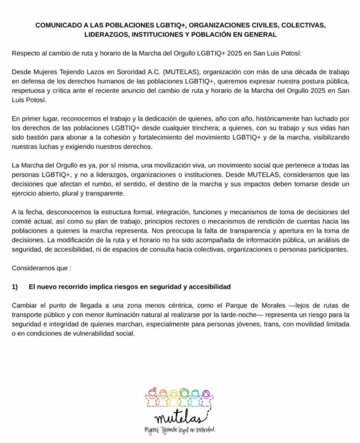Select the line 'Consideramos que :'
[41, 268]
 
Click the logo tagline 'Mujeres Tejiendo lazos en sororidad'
[180, 430]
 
